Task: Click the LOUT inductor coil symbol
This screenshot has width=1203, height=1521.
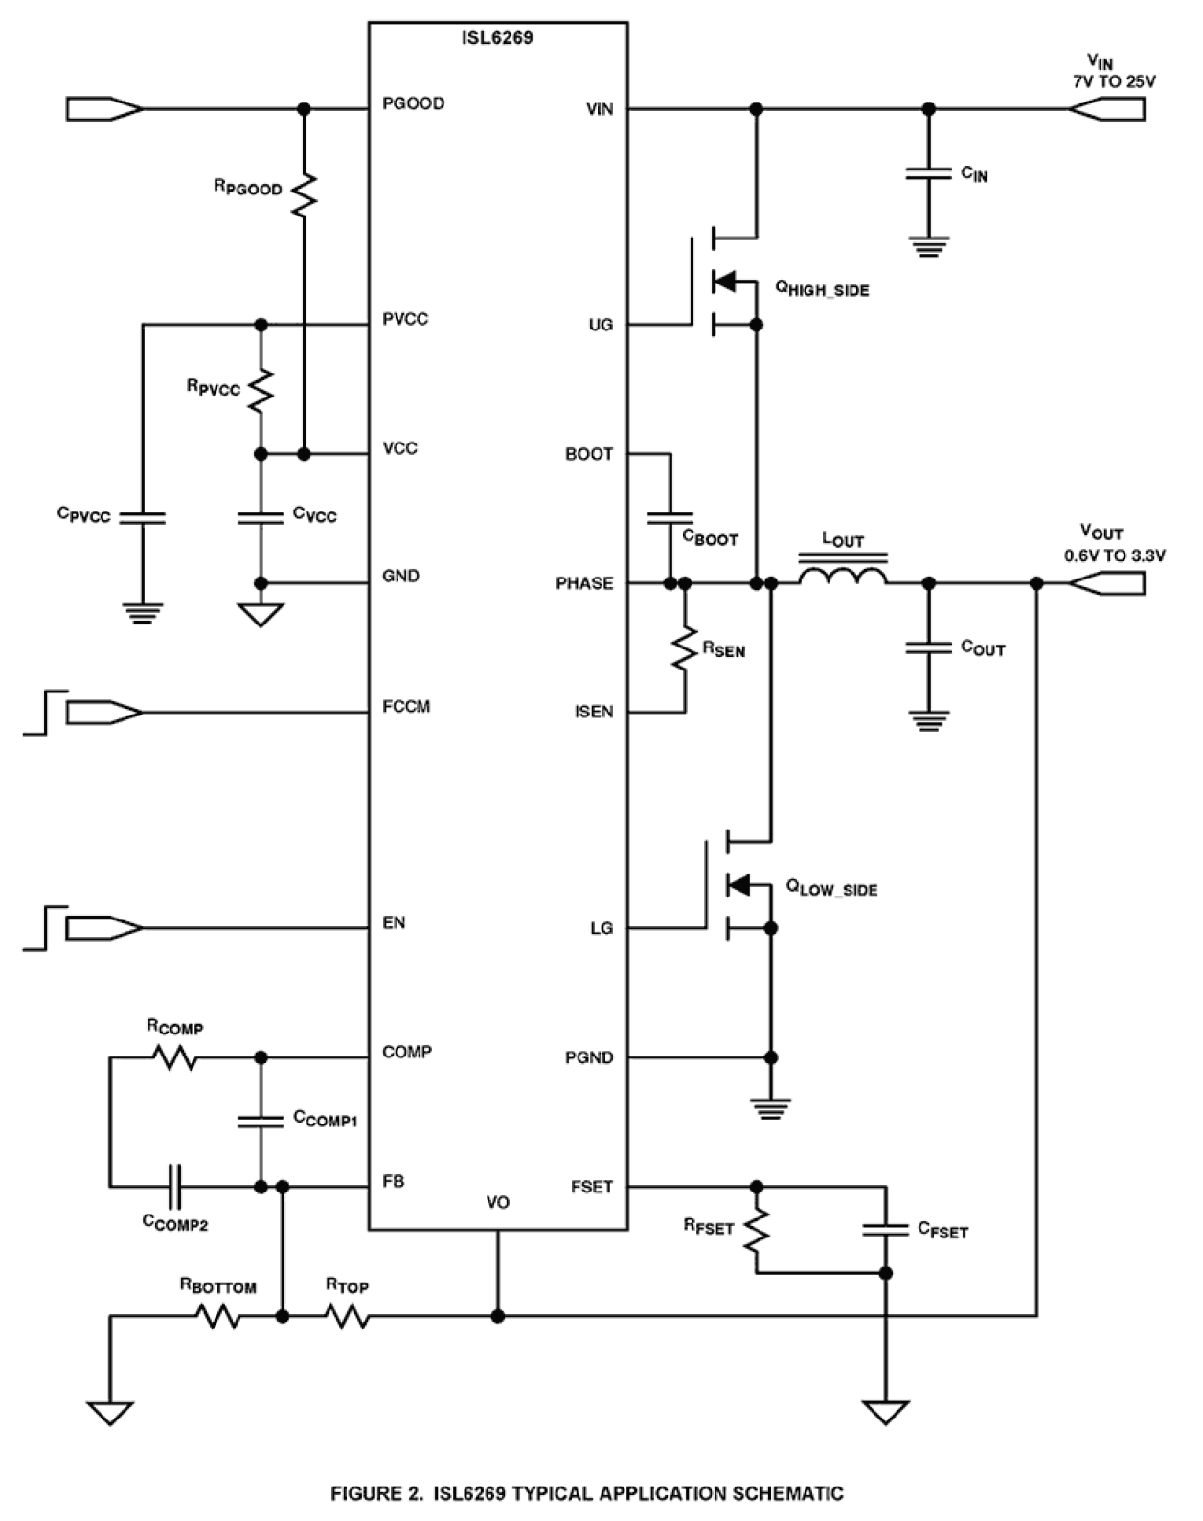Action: [843, 576]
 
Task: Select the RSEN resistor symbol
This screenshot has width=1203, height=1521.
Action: [685, 648]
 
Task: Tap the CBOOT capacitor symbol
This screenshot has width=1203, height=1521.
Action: [670, 518]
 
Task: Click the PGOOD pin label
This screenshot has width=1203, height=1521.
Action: [413, 103]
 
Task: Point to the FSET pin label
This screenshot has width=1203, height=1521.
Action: [591, 1187]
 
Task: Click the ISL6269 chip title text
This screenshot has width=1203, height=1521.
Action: [497, 38]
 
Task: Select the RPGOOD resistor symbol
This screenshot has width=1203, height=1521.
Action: [305, 194]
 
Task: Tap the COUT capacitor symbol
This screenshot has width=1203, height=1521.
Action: [927, 648]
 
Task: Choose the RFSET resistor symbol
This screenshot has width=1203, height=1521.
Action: [757, 1229]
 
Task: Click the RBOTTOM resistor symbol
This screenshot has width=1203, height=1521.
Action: [218, 1317]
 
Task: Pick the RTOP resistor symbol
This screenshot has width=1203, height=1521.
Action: [347, 1317]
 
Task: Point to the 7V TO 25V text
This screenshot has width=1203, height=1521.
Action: [1113, 81]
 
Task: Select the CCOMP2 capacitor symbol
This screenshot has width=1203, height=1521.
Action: [175, 1187]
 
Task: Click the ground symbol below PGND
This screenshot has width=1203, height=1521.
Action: [771, 1108]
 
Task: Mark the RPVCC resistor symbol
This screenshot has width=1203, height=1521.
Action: [261, 390]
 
